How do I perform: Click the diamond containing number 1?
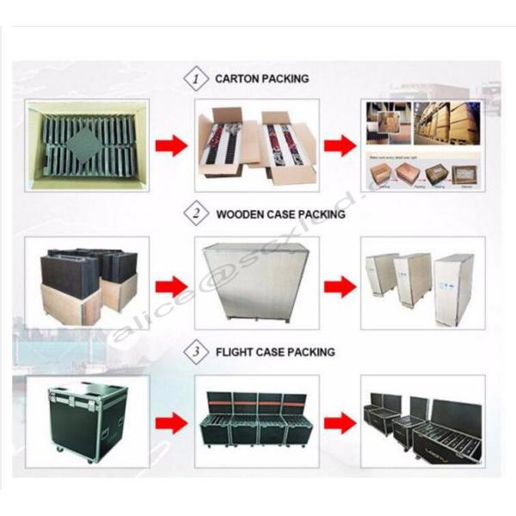198,78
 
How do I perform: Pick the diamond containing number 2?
197,213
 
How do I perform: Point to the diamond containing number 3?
197,352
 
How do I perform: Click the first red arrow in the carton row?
171,146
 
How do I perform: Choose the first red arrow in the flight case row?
171,422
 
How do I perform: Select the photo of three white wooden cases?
422,283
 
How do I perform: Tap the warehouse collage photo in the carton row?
422,144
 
